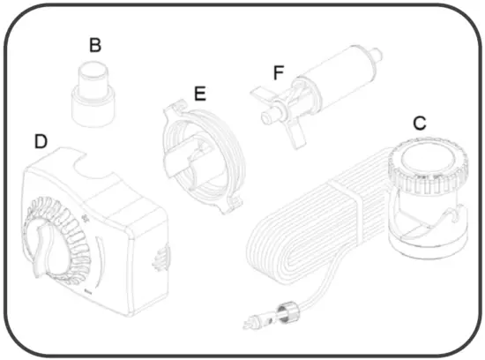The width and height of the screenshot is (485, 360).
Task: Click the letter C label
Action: (420, 124)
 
